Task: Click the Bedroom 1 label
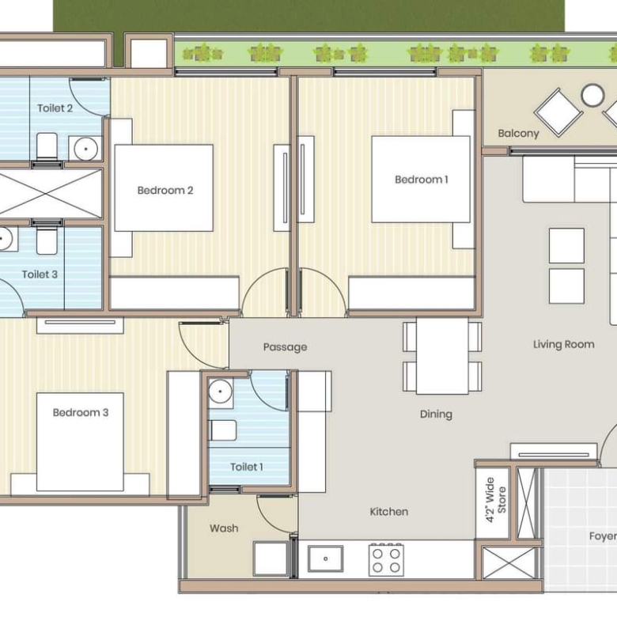(x=422, y=180)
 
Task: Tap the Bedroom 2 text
(x=165, y=191)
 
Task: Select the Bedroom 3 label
(x=81, y=412)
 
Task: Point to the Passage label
(x=286, y=347)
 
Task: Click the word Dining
(x=436, y=414)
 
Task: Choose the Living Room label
(x=563, y=345)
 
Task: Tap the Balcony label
(x=518, y=134)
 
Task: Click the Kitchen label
(x=388, y=512)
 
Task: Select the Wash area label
(x=224, y=528)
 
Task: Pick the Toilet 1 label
(x=246, y=467)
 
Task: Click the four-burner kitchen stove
(x=386, y=560)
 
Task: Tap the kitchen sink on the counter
(x=325, y=558)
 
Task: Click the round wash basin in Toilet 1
(x=220, y=392)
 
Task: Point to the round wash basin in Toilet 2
(x=85, y=150)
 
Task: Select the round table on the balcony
(x=592, y=95)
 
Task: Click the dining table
(x=442, y=356)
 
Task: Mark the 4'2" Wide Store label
(x=495, y=500)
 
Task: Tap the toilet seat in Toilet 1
(x=222, y=430)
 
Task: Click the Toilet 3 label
(x=40, y=274)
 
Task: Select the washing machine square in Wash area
(x=271, y=558)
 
